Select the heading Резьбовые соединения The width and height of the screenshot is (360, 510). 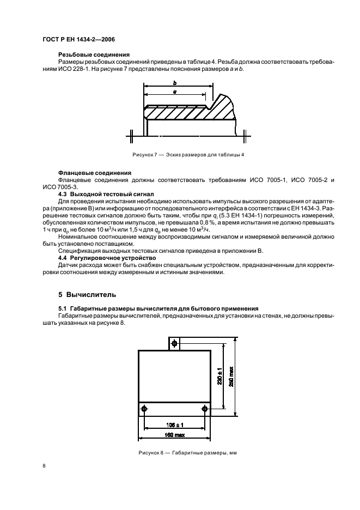click(94, 54)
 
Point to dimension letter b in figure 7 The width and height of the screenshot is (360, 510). click(174, 83)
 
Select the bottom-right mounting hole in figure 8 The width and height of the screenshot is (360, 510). click(204, 409)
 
